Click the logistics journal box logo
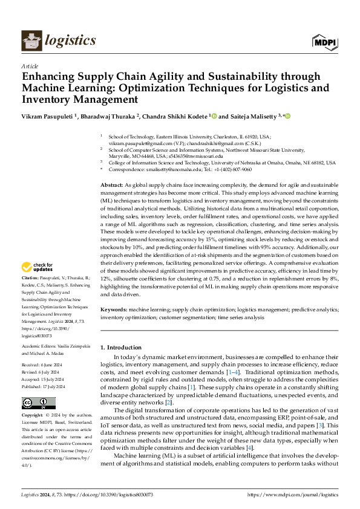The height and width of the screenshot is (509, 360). pyautogui.click(x=31, y=41)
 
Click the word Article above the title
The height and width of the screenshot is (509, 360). pyautogui.click(x=29, y=66)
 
